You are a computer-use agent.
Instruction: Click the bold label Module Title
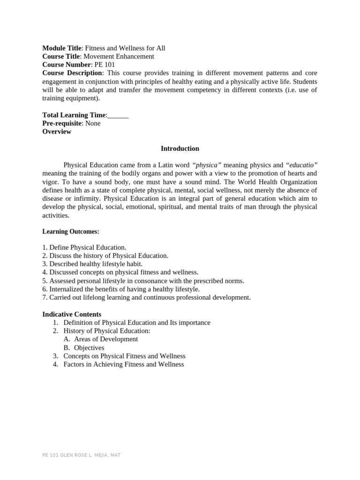pyautogui.click(x=62, y=48)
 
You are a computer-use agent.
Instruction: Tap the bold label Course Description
pyautogui.click(x=72, y=73)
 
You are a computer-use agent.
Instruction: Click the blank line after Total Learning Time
pyautogui.click(x=118, y=115)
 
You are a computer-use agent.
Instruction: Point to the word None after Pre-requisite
pyautogui.click(x=93, y=123)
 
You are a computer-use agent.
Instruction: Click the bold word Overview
pyautogui.click(x=57, y=132)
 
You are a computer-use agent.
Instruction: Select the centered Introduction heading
pyautogui.click(x=180, y=149)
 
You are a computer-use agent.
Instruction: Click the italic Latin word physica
pyautogui.click(x=207, y=165)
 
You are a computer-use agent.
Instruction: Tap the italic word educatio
pyautogui.click(x=301, y=165)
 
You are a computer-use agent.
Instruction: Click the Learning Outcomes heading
pyautogui.click(x=71, y=232)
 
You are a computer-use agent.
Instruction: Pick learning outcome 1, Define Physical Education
pyautogui.click(x=84, y=247)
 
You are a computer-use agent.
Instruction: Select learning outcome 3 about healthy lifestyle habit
pyautogui.click(x=92, y=264)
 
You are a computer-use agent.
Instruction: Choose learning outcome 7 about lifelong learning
pyautogui.click(x=146, y=297)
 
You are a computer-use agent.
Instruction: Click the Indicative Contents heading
pyautogui.click(x=72, y=314)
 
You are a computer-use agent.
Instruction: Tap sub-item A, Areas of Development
pyautogui.click(x=105, y=339)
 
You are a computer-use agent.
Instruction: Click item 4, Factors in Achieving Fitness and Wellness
pyautogui.click(x=123, y=364)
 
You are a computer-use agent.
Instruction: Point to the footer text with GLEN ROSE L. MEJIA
pyautogui.click(x=81, y=455)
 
